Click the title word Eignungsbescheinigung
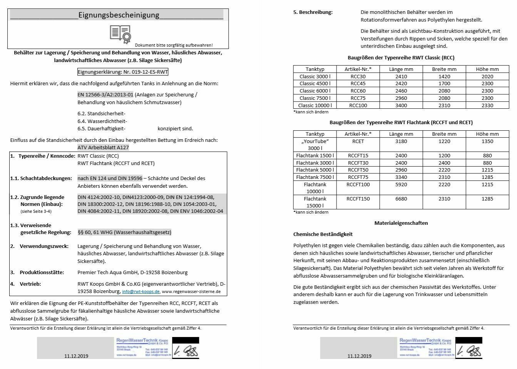click(x=119, y=15)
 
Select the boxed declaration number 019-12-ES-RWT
click(x=123, y=72)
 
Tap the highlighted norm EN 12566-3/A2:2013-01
click(x=105, y=95)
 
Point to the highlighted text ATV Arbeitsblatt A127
click(x=103, y=147)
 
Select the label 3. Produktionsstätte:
click(x=37, y=272)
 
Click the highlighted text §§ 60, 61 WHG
click(x=124, y=232)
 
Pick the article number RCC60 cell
click(x=358, y=91)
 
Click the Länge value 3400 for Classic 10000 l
click(x=401, y=105)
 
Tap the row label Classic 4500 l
click(x=315, y=84)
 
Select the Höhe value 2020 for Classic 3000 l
click(x=487, y=77)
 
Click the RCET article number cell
click(x=358, y=142)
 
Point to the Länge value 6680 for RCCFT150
click(x=401, y=199)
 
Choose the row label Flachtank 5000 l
click(x=315, y=170)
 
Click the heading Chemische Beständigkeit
click(x=323, y=234)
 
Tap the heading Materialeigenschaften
click(x=401, y=223)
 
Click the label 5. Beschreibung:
click(x=313, y=12)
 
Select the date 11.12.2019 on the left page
click(x=76, y=356)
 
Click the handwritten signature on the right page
click(x=470, y=350)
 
